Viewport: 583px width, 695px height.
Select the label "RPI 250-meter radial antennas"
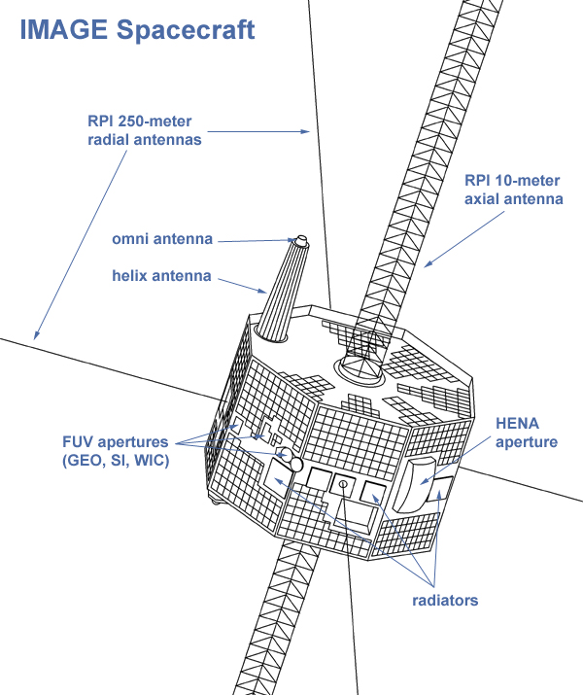[x=142, y=131]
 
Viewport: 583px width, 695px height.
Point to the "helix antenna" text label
[x=161, y=275]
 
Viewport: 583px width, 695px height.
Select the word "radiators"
[x=445, y=601]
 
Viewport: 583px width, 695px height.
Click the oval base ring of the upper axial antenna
[x=361, y=367]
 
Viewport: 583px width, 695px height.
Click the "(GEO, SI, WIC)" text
[x=113, y=460]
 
